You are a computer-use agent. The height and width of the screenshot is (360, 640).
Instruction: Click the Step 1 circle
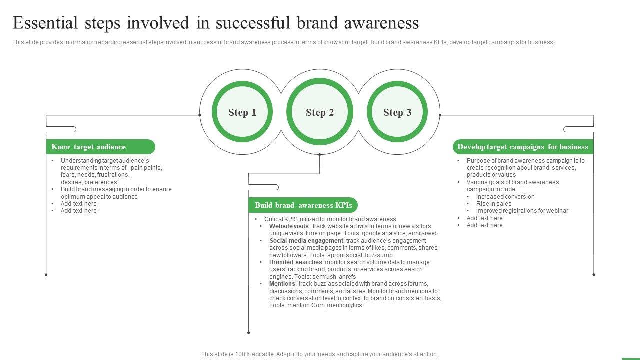click(x=242, y=112)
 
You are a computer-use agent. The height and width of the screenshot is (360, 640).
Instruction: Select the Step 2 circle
click(x=320, y=112)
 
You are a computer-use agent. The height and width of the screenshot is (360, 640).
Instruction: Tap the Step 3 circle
click(x=397, y=112)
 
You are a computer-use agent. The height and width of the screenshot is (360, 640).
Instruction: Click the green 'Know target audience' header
click(x=100, y=147)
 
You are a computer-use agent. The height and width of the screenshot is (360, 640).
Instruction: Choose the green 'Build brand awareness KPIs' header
click(x=303, y=205)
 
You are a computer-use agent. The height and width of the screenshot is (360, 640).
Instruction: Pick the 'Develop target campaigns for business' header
click(x=523, y=147)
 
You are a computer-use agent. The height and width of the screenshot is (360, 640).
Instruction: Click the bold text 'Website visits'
click(x=289, y=226)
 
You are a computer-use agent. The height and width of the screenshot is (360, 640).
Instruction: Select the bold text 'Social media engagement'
click(x=306, y=241)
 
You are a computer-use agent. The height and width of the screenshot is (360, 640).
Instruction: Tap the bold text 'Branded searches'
click(x=296, y=262)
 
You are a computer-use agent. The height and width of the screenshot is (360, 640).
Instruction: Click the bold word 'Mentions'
click(x=282, y=284)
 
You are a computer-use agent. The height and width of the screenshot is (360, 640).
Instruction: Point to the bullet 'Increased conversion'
click(x=505, y=197)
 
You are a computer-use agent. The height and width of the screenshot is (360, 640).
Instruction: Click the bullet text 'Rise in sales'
click(x=494, y=204)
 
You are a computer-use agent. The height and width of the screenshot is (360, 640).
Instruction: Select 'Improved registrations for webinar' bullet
click(x=522, y=211)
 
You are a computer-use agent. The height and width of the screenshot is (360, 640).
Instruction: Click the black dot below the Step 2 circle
click(x=320, y=155)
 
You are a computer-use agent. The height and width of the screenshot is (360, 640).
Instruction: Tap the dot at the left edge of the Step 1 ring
click(x=200, y=115)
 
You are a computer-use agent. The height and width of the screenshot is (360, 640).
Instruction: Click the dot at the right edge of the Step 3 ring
click(x=440, y=115)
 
